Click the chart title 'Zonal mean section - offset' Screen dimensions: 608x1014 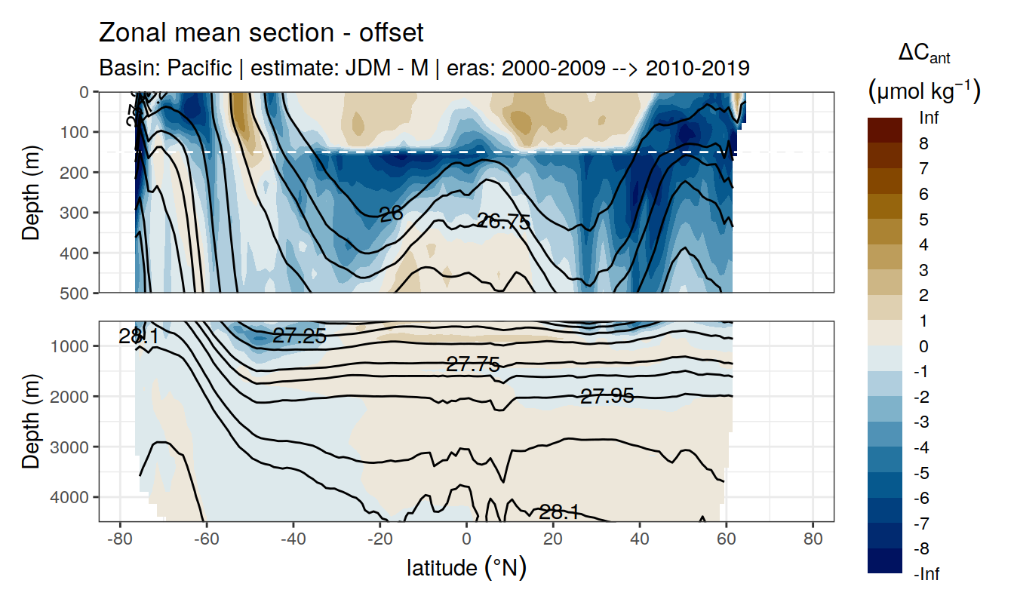pos(262,33)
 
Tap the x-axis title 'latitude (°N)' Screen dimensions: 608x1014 pos(466,567)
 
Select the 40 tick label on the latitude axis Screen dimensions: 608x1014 pos(640,539)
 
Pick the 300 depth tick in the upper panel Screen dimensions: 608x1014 pos(74,213)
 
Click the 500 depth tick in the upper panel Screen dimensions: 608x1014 pos(74,293)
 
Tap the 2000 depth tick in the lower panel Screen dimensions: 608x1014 pos(70,397)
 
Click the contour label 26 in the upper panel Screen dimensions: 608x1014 pos(391,214)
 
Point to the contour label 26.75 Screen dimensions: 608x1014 pos(504,222)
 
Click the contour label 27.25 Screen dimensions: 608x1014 pos(300,336)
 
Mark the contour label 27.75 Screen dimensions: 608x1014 pos(473,365)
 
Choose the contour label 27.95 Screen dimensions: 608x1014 pos(607,395)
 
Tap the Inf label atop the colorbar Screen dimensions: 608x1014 pos(929,118)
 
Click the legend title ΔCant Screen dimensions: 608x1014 pos(924,54)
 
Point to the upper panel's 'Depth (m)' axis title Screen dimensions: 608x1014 pos(31,192)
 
